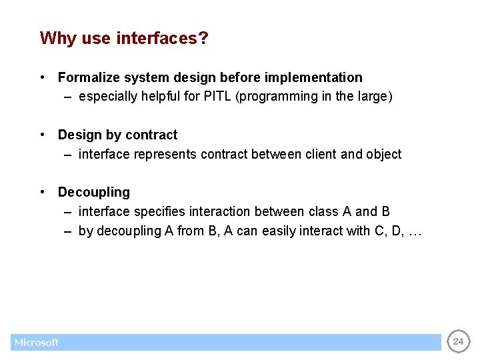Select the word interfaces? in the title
pos(162,39)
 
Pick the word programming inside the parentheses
pos(278,97)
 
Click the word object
pos(383,155)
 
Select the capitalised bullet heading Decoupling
pos(94,193)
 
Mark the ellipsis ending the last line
pos(414,231)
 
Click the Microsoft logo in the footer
pos(37,343)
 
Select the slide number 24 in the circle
pos(457,342)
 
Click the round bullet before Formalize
pos(42,77)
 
